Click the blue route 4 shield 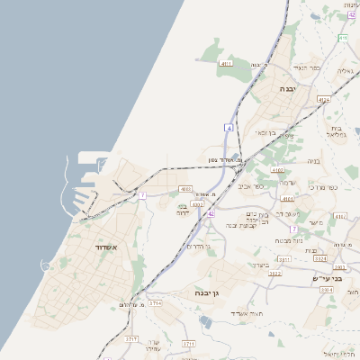point(229,129)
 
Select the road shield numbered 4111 point(226,65)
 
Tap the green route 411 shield point(343,38)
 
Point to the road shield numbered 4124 point(324,100)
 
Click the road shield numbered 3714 point(156,303)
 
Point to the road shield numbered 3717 point(131,339)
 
